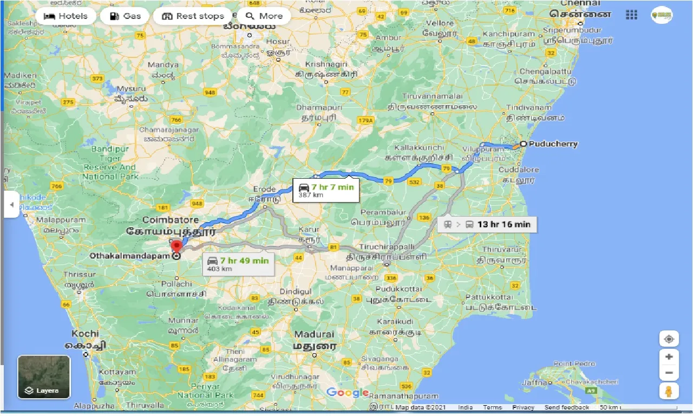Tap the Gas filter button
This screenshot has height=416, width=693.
pyautogui.click(x=125, y=16)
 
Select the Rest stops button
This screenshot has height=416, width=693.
pyautogui.click(x=193, y=16)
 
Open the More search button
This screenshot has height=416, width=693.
pyautogui.click(x=264, y=16)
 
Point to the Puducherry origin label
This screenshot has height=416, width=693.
pyautogui.click(x=552, y=144)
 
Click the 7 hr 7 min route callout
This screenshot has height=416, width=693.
pyautogui.click(x=325, y=190)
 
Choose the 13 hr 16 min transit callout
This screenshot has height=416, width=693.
pyautogui.click(x=487, y=224)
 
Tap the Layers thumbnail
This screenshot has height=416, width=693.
pyautogui.click(x=44, y=377)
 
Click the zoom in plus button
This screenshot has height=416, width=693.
pyautogui.click(x=669, y=357)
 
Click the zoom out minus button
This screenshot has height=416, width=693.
pyautogui.click(x=669, y=373)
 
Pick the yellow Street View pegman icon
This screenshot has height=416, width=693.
pyautogui.click(x=669, y=391)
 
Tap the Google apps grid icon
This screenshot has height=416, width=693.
pyautogui.click(x=631, y=15)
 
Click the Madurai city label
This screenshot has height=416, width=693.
pyautogui.click(x=314, y=334)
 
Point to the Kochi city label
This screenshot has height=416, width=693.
pyautogui.click(x=84, y=334)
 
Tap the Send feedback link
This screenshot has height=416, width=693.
pyautogui.click(x=567, y=407)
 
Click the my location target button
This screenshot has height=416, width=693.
pyautogui.click(x=669, y=339)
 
